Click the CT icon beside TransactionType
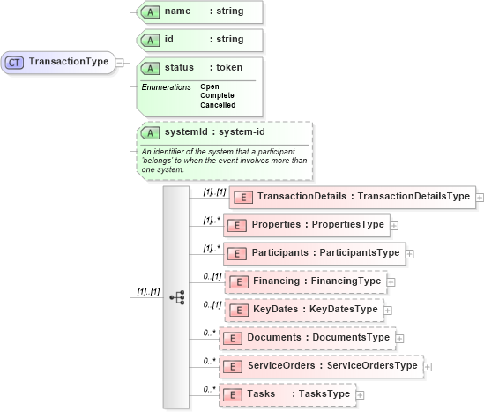(15, 62)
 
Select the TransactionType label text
(69, 62)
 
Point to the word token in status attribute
(232, 67)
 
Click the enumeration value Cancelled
(218, 105)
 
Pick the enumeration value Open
(210, 86)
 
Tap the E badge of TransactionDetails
(242, 196)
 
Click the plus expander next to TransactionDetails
(480, 197)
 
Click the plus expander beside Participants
(410, 253)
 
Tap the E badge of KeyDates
(236, 310)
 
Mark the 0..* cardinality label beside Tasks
(209, 389)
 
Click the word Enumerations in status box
(167, 86)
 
